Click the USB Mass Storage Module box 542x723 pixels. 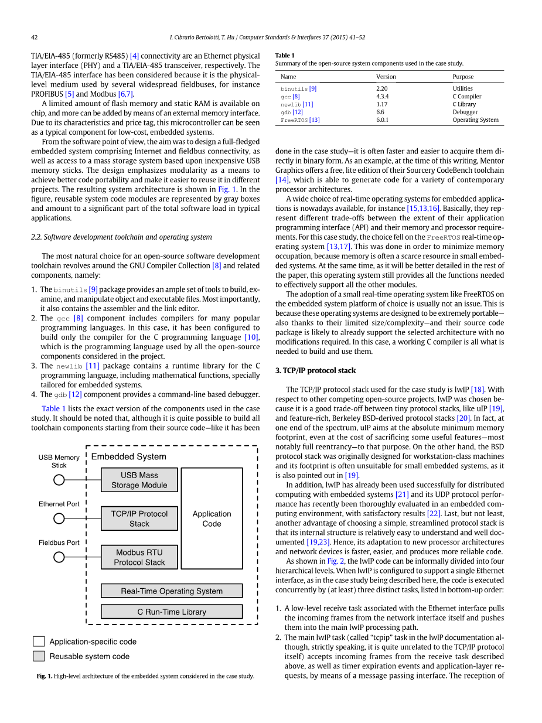[139, 480]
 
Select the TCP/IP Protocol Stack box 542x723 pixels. [139, 519]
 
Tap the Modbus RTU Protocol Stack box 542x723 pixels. [139, 557]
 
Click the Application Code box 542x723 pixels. [212, 519]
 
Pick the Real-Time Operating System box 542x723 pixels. [172, 591]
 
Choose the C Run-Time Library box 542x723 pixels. [172, 612]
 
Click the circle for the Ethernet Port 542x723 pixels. [59, 519]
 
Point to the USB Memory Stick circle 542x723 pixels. [59, 480]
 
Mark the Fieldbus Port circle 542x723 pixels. [59, 557]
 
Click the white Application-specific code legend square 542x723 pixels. [39, 642]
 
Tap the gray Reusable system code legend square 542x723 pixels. [39, 656]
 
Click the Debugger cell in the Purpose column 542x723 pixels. [465, 112]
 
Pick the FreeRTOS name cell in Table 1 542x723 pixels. [300, 120]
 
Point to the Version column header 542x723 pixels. [386, 77]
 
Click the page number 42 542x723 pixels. [35, 37]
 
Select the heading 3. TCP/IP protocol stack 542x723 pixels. [315, 370]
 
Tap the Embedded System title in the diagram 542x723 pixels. [129, 457]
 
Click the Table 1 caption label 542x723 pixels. [285, 56]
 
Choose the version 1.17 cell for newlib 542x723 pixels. [381, 104]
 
